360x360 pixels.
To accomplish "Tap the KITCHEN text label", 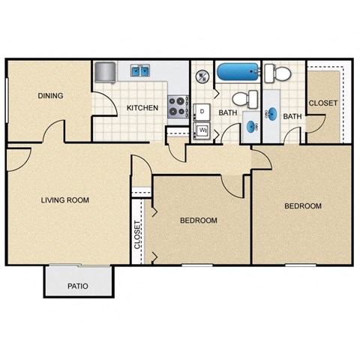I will coord(142,108).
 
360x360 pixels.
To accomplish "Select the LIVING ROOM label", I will coord(64,199).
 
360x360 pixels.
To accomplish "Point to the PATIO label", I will coord(78,286).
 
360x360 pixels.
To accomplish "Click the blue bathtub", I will coord(238,73).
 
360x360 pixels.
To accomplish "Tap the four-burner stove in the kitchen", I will coord(177,106).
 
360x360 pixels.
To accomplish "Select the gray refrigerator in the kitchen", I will coord(104,73).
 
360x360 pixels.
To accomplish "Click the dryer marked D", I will coord(202,112).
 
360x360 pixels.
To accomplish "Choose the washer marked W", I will coord(202,131).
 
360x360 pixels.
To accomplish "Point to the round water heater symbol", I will coord(202,76).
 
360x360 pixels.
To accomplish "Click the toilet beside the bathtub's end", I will coord(280,73).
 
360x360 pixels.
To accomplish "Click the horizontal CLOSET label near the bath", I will coord(322,103).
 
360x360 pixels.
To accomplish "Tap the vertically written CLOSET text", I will coord(137,235).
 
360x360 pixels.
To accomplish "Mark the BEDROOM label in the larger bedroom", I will coord(302,205).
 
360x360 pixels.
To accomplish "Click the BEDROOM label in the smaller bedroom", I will coord(199,220).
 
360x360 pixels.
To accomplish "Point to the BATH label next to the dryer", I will coord(227,113).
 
